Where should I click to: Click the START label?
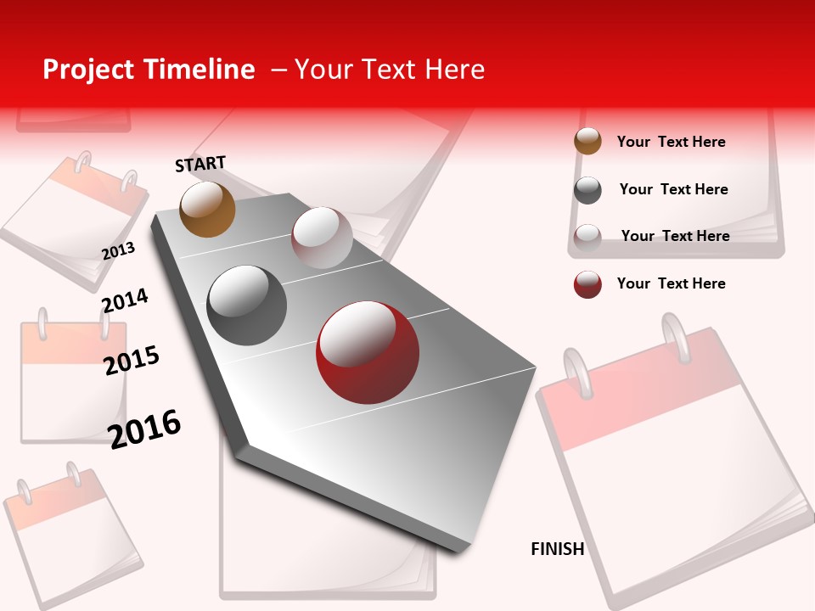[x=200, y=164]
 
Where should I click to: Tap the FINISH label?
[x=557, y=549]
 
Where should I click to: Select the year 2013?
[x=118, y=250]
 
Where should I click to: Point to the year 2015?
[x=132, y=361]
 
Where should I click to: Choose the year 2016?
[x=144, y=429]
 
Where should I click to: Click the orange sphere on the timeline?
[x=207, y=209]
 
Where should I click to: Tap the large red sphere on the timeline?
[x=368, y=352]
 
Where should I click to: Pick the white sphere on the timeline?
[x=322, y=238]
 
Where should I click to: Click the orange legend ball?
[x=587, y=141]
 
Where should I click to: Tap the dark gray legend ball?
[x=587, y=190]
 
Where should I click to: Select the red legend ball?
[x=587, y=284]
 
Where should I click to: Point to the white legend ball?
[x=587, y=238]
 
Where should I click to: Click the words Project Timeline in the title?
[x=149, y=70]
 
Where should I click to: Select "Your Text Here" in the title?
[x=390, y=70]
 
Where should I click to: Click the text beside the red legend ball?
[x=671, y=283]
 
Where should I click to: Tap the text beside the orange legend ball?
[x=671, y=142]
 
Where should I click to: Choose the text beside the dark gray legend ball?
[x=673, y=189]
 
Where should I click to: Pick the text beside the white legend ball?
[x=675, y=236]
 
